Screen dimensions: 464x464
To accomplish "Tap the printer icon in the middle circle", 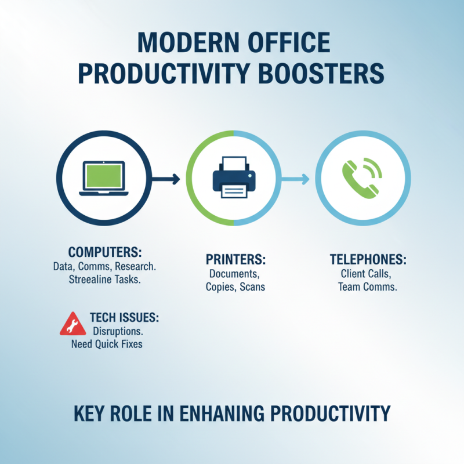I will pos(233,177).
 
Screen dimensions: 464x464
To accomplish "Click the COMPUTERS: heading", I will pos(106,253).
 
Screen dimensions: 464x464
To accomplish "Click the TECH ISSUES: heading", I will pos(125,317).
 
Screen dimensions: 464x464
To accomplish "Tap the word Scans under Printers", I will pos(251,287).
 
